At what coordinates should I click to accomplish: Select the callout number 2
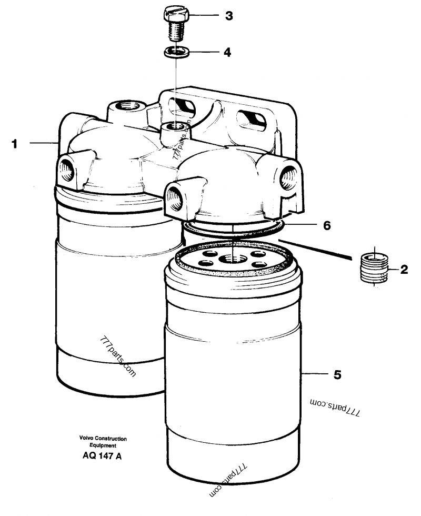coord(404,271)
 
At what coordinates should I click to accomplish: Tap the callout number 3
coord(228,16)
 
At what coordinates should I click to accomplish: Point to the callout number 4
coord(227,52)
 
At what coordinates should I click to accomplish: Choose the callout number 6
coord(327,225)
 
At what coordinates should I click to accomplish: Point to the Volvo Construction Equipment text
coord(103,441)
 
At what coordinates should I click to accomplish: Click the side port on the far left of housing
coord(67,167)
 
